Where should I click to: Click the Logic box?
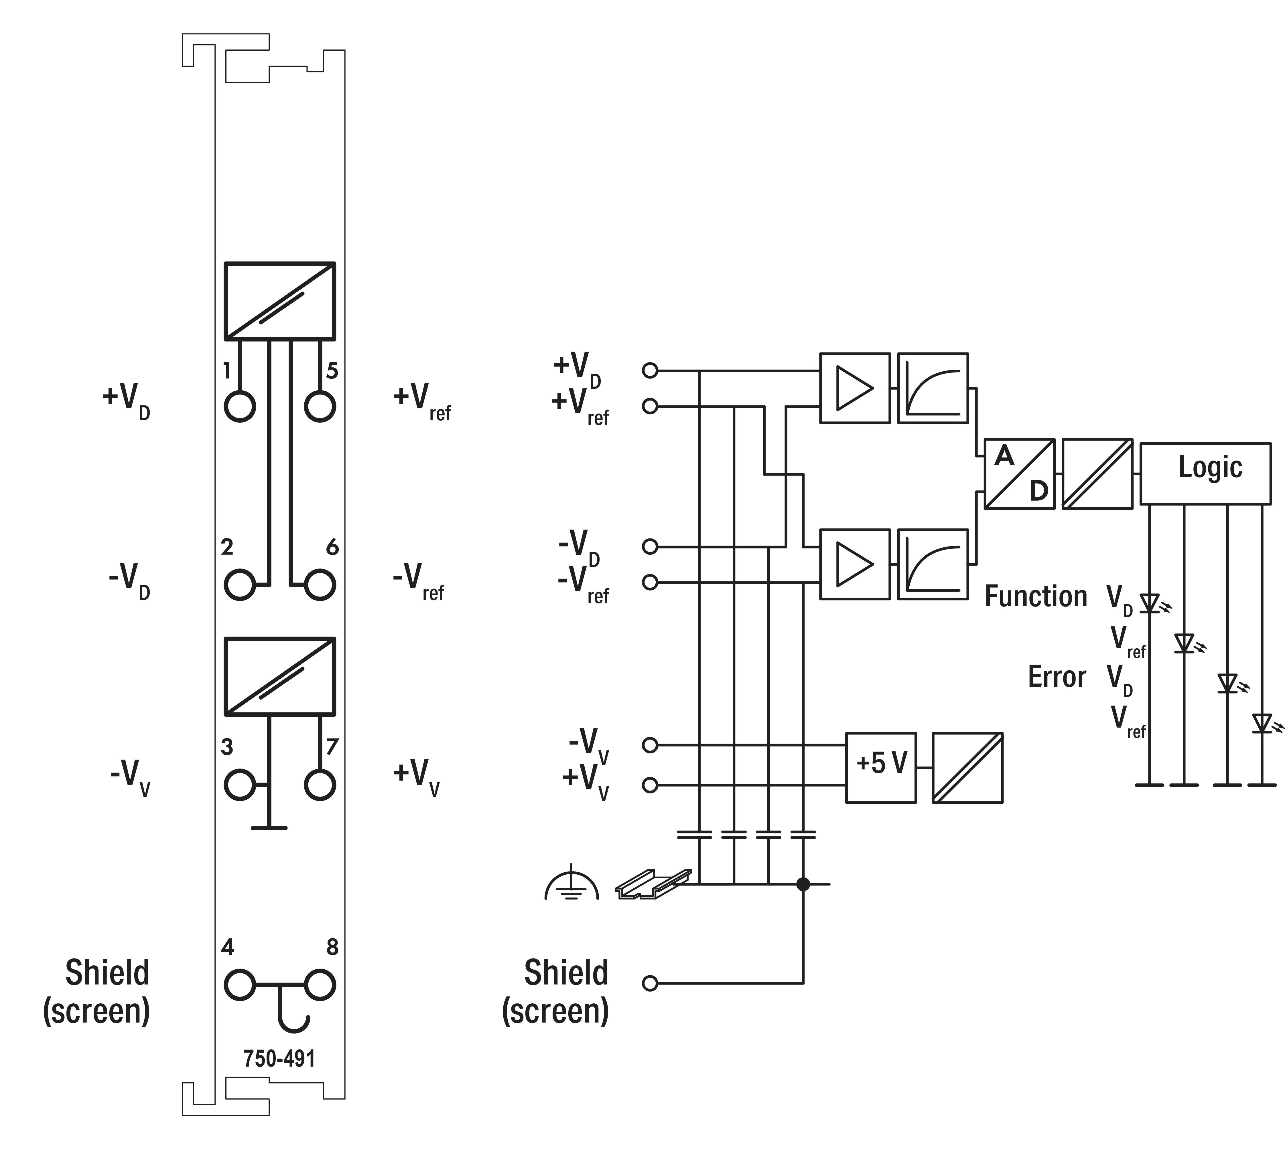[x=1205, y=474]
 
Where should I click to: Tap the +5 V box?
[x=881, y=768]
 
